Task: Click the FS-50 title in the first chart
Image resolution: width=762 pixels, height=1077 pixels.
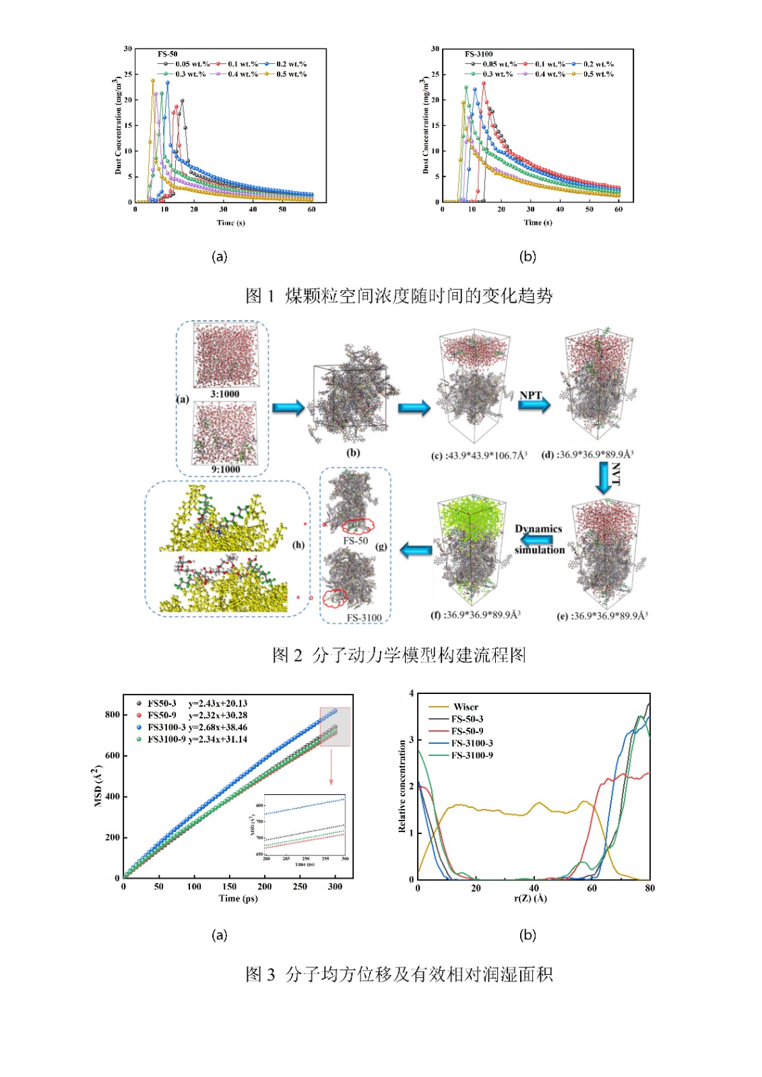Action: coord(168,54)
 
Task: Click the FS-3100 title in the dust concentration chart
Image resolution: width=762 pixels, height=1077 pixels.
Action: coord(478,54)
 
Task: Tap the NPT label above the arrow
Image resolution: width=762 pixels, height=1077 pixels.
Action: coord(530,395)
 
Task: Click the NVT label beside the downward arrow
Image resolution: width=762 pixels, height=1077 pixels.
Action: coord(616,474)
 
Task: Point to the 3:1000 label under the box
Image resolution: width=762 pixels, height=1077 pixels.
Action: coord(224,394)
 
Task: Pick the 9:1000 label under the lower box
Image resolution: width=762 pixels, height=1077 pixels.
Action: coord(225,469)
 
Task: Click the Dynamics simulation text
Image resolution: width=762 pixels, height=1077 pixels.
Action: coord(539,538)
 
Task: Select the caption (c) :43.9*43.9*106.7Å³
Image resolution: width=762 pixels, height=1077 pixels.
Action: coord(479,456)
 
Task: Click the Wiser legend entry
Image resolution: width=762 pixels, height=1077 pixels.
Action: coord(466,707)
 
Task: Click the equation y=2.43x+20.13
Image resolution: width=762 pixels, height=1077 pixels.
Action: coord(218,703)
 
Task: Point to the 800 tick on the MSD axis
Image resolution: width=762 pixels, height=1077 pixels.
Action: coord(112,714)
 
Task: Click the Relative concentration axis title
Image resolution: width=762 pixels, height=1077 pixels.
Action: coord(402,786)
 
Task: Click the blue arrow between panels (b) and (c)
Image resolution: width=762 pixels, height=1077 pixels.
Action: coord(414,408)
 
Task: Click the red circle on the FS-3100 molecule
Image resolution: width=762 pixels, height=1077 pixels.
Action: coord(335,596)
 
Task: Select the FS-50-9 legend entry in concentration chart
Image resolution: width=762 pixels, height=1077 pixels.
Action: coord(467,731)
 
